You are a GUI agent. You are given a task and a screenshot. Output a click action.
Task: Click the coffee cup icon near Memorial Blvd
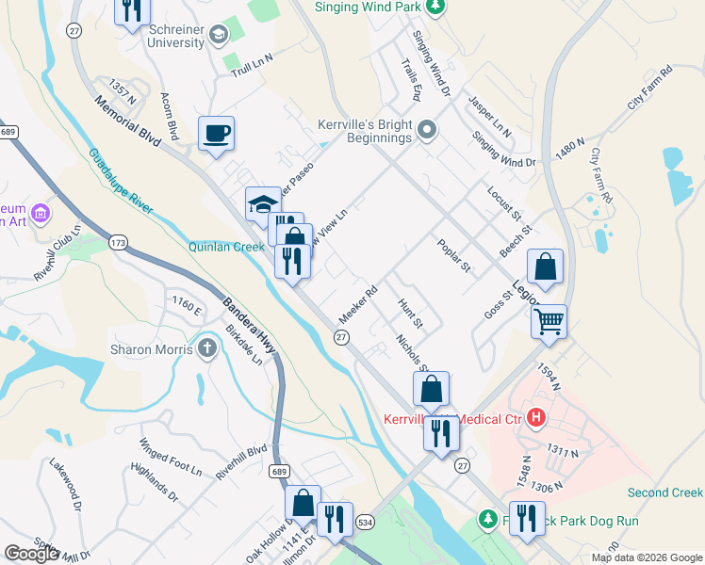[x=217, y=133]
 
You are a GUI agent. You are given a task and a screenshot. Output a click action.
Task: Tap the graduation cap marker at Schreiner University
[x=219, y=37]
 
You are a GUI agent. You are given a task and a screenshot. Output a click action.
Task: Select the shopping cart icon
[x=549, y=321]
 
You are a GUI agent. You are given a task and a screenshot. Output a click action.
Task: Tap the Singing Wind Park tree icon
[x=434, y=8]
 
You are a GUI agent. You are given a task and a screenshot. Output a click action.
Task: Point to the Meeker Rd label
[x=358, y=304]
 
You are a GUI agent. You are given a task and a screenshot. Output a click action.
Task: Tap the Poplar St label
[x=453, y=256]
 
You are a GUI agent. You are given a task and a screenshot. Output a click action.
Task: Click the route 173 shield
[x=118, y=243]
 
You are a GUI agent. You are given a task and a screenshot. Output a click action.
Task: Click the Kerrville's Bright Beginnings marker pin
[x=427, y=129]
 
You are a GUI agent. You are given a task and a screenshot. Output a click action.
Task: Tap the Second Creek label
[x=665, y=492]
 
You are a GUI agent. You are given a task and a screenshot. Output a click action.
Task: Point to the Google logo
[x=31, y=554]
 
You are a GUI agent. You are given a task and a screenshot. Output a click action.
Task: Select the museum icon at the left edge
[x=41, y=214]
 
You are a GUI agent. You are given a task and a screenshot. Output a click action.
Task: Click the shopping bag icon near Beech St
[x=546, y=266]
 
